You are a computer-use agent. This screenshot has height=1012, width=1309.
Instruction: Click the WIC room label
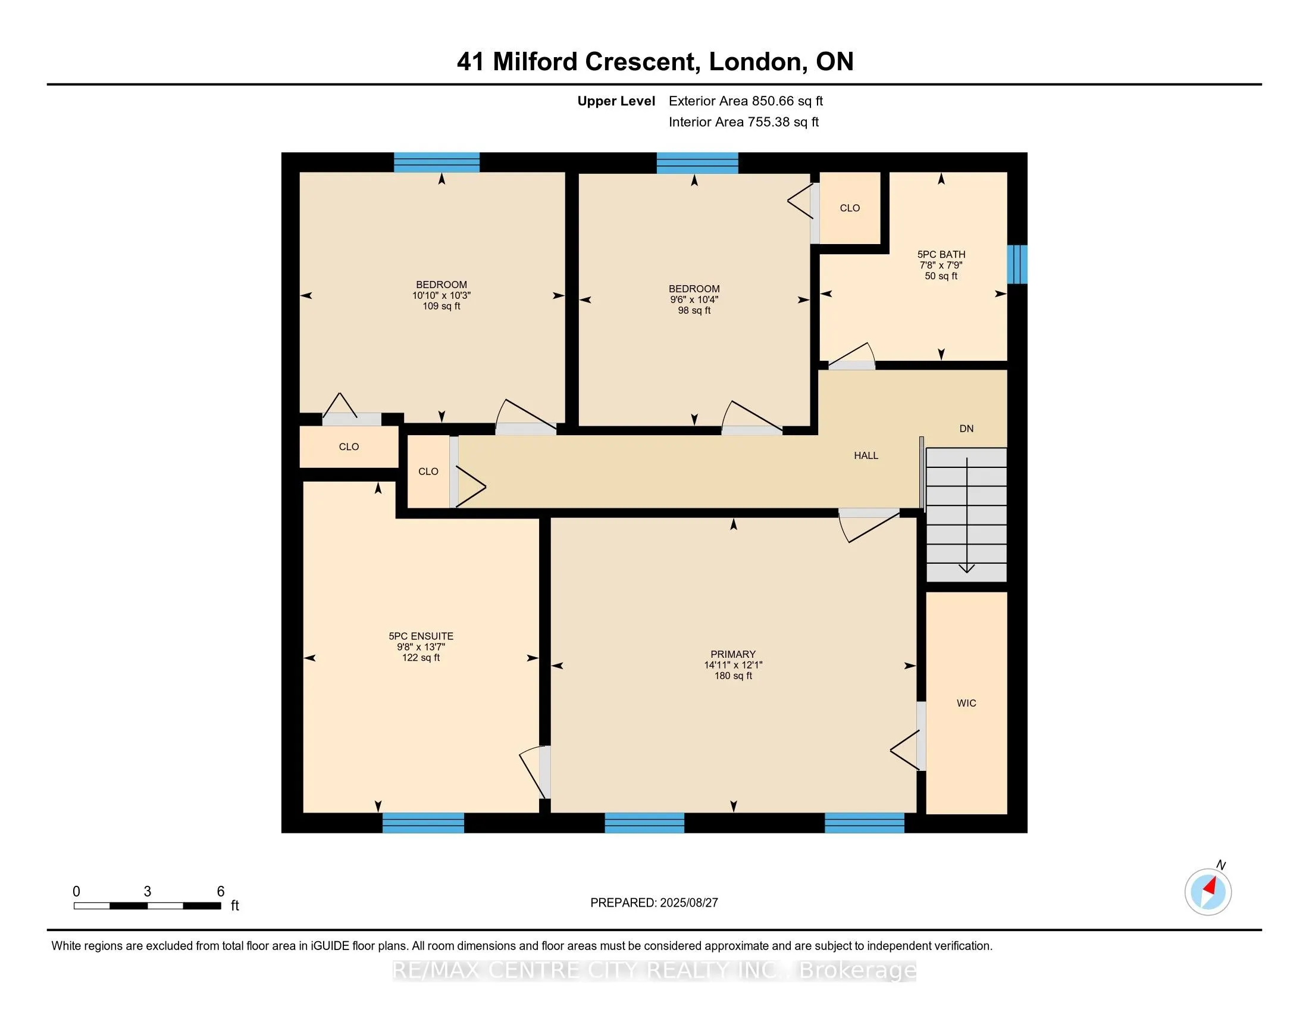[966, 703]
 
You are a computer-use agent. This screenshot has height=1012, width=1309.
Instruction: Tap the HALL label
[866, 455]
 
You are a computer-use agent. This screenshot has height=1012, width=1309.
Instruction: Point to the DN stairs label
[966, 429]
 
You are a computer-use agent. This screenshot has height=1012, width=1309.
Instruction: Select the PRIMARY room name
[733, 654]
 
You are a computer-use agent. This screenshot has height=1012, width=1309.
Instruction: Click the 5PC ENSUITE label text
[421, 636]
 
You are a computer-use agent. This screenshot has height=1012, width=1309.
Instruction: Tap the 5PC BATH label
[941, 254]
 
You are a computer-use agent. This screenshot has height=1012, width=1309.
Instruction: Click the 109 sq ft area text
[441, 307]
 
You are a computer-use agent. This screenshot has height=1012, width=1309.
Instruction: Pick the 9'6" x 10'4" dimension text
[694, 300]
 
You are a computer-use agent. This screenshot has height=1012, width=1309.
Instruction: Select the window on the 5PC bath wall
[1017, 264]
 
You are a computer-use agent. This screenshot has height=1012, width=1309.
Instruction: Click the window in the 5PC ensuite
[423, 823]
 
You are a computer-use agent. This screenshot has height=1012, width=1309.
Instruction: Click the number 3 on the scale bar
[148, 892]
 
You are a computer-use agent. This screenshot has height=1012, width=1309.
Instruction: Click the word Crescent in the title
[642, 62]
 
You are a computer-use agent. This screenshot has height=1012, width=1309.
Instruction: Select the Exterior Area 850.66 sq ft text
[746, 101]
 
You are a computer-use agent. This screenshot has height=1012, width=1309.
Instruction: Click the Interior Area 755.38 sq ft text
[744, 122]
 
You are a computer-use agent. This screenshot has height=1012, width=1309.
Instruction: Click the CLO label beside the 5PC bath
[850, 208]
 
